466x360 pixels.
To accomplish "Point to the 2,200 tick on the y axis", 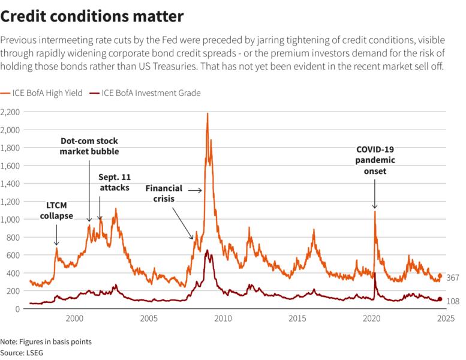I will pos(11,112).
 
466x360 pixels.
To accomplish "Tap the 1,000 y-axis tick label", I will pos(11,220).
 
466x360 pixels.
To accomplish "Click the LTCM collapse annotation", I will pos(56,211).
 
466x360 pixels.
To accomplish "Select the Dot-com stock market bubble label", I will pos(89,146).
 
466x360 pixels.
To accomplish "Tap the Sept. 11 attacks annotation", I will pos(115,182).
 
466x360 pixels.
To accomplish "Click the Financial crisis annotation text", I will pos(164,193).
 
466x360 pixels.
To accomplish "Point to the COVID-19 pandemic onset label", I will pos(375,160).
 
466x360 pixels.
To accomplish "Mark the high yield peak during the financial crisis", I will pos(208,113).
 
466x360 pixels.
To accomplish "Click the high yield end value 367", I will pos(452,277).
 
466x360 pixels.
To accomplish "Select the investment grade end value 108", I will pos(453,301).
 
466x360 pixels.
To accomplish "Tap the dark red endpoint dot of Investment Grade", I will pos(440,299).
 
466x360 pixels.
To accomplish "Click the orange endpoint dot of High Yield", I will pos(440,276).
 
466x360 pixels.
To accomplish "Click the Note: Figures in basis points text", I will pos(46,341).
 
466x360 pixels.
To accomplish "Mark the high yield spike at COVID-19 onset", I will pos(375,211).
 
